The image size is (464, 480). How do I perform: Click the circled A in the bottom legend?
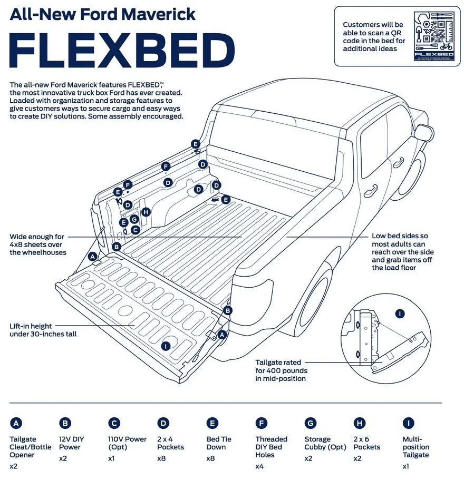pyautogui.click(x=16, y=423)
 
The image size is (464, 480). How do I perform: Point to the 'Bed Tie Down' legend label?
pyautogui.click(x=218, y=443)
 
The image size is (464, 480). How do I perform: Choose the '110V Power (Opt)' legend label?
pyautogui.click(x=127, y=443)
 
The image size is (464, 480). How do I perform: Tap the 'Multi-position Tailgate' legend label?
pyautogui.click(x=415, y=447)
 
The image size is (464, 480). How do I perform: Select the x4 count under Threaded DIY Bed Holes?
pyautogui.click(x=259, y=466)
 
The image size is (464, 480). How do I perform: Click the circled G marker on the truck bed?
pyautogui.click(x=134, y=219)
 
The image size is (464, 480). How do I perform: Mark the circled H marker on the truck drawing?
pyautogui.click(x=146, y=212)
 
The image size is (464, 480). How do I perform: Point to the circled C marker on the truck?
pyautogui.click(x=135, y=230)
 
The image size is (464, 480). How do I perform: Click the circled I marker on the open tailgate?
pyautogui.click(x=166, y=346)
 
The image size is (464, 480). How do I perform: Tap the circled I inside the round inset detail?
pyautogui.click(x=400, y=314)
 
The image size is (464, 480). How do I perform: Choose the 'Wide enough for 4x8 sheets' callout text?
pyautogui.click(x=36, y=244)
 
